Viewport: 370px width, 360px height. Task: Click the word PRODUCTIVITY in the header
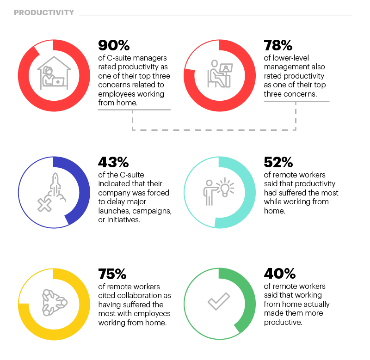click(44, 13)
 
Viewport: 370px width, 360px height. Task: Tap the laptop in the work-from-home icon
click(58, 82)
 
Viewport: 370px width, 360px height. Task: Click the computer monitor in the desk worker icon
click(226, 68)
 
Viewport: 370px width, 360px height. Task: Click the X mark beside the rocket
click(44, 205)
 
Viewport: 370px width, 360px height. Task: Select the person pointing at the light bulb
click(209, 192)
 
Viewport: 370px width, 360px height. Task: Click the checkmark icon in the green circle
click(219, 301)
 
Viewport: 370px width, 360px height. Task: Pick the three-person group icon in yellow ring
click(54, 303)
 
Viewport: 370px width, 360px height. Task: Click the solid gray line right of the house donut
click(134, 110)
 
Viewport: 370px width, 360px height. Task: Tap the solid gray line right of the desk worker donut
click(296, 101)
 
